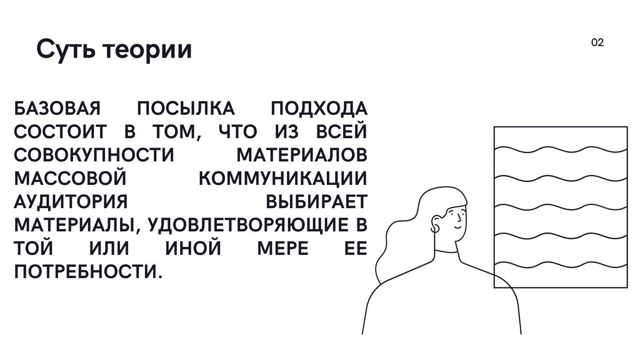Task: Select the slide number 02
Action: coord(597,42)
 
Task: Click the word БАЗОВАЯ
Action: coord(57,108)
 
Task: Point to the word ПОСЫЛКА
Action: coord(186,108)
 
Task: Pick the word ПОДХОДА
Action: coord(319,108)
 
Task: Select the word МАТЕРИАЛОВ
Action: coord(302,155)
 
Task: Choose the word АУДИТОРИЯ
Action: coord(71,201)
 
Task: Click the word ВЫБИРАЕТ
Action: coord(317,201)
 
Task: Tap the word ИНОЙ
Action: coord(193,248)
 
